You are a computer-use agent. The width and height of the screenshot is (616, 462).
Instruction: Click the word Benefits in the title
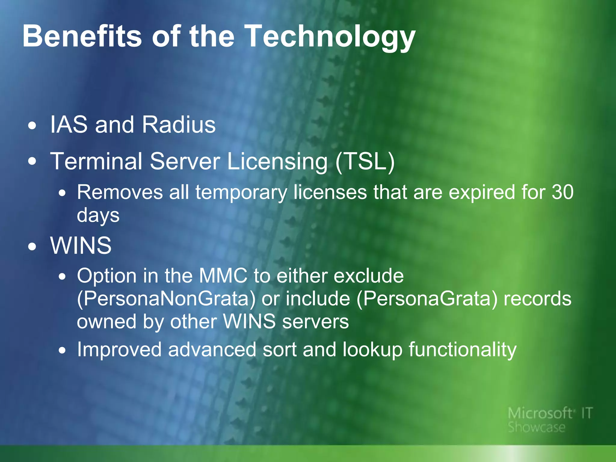tap(82, 36)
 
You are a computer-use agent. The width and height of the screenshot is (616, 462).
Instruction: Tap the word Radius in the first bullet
tap(179, 125)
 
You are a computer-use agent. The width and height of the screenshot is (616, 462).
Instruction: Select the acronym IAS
tap(69, 125)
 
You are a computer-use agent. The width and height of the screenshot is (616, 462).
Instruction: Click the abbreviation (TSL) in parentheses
tap(365, 162)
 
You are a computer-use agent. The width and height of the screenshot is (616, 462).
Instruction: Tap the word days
tap(98, 215)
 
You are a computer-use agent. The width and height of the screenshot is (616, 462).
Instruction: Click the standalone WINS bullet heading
tap(81, 245)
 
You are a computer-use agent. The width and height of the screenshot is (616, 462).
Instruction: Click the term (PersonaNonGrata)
tap(166, 299)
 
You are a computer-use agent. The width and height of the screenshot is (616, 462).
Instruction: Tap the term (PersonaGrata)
tap(427, 299)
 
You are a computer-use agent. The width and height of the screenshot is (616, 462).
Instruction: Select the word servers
tap(315, 321)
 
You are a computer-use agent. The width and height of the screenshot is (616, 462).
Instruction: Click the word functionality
tap(462, 350)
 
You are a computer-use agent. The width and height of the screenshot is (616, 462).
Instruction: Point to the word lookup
tap(372, 350)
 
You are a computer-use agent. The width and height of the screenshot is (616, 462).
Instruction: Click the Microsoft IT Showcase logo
tap(549, 420)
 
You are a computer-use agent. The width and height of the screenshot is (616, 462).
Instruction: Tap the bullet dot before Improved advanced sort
tap(62, 350)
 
